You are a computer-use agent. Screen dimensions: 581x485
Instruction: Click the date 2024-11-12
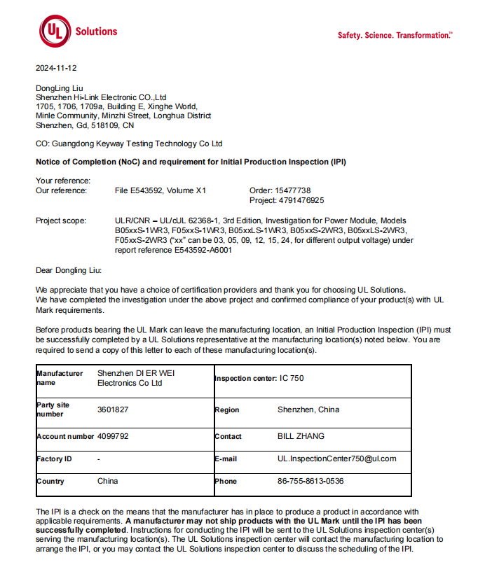point(56,69)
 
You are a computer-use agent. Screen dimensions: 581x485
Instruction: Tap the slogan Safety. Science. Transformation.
point(395,36)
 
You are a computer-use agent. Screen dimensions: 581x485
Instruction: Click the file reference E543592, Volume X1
point(160,190)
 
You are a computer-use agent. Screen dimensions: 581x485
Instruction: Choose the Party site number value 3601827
point(113,409)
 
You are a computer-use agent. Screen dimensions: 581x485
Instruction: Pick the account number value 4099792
point(113,436)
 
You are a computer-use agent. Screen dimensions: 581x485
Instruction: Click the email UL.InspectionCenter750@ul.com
point(336,458)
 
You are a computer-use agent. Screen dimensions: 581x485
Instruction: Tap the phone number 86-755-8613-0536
point(310,481)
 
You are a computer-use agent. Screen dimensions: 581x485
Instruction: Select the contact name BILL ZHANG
point(301,436)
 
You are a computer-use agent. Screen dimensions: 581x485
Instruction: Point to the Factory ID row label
point(54,459)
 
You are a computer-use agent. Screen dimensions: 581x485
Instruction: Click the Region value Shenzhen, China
point(308,409)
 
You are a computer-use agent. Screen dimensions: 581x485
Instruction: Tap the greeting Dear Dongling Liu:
point(69,269)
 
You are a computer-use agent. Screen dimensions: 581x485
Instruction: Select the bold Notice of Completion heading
point(191,162)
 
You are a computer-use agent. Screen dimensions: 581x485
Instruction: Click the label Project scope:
point(61,220)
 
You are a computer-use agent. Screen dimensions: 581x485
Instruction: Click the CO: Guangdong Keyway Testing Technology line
point(129,143)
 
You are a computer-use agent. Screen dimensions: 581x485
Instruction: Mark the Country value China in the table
point(107,481)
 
